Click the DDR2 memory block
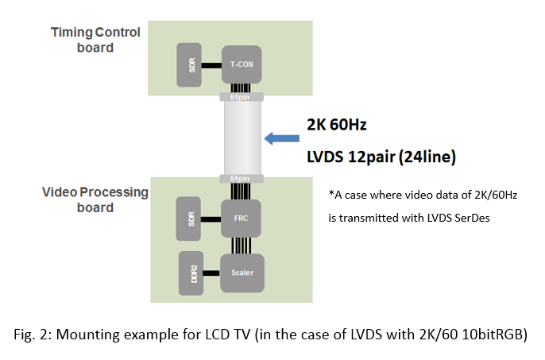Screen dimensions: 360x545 click(193, 272)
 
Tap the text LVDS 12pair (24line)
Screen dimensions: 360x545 click(381, 157)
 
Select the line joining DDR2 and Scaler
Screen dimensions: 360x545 click(213, 272)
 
